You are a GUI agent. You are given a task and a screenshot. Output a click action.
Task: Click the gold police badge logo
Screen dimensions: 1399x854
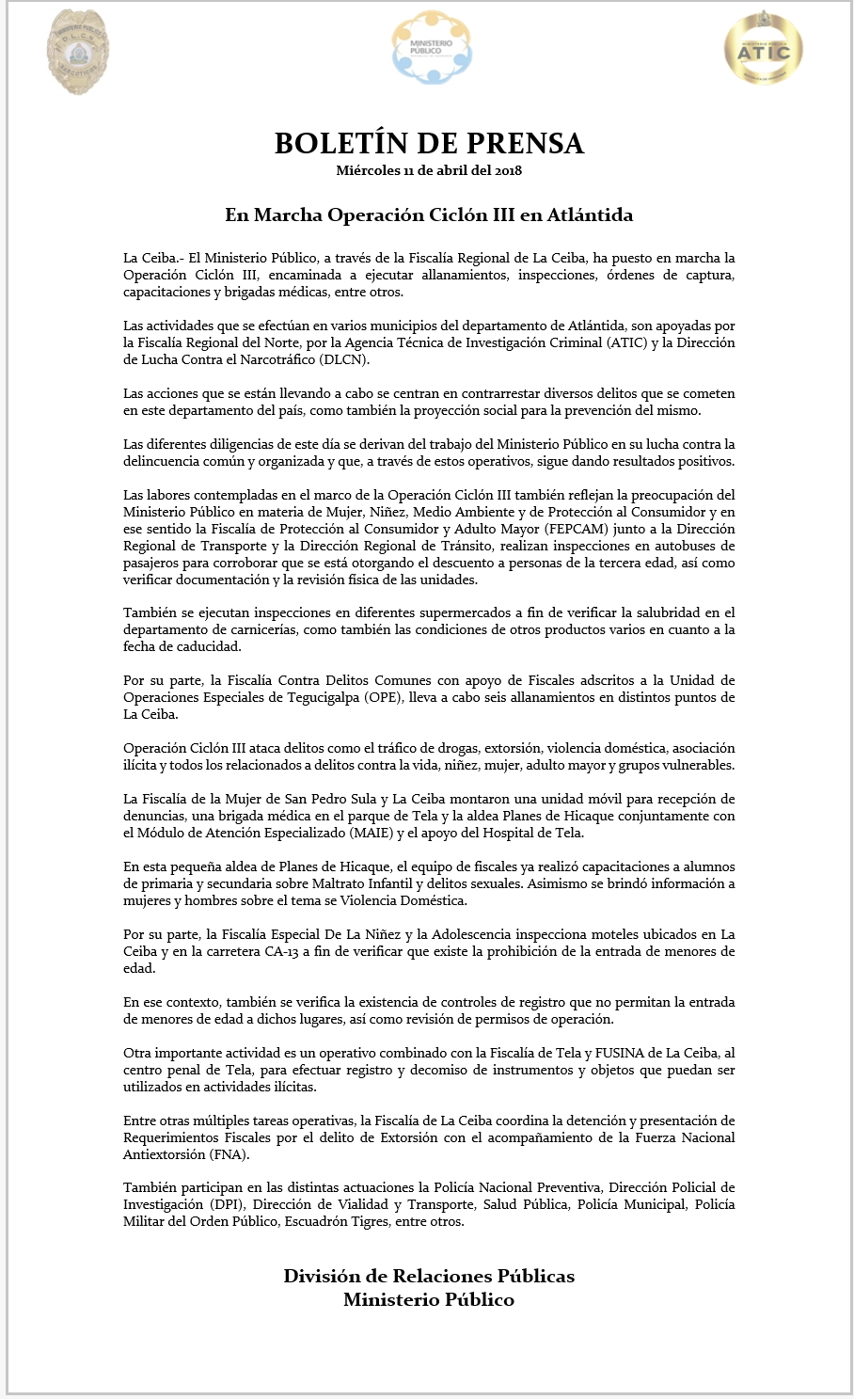[77, 52]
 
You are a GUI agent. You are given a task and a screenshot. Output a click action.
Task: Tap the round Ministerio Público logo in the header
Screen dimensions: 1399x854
[432, 47]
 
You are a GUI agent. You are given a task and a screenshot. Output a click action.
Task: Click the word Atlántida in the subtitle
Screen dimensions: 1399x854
[590, 215]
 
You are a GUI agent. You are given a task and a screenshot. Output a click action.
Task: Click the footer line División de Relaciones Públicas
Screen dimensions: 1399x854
[429, 1276]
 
